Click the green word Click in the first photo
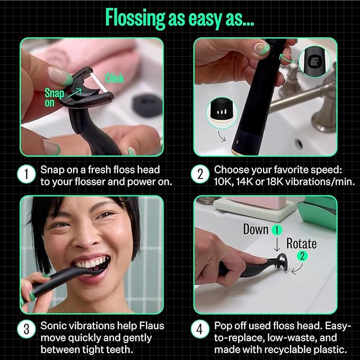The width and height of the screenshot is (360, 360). coord(114,78)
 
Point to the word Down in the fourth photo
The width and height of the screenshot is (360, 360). coord(256,229)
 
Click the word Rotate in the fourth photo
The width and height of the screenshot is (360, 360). coord(301,244)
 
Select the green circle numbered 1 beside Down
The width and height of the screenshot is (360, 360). coord(276,230)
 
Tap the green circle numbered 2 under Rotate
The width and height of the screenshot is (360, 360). coord(301,256)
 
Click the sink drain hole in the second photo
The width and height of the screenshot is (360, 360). coord(299,144)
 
